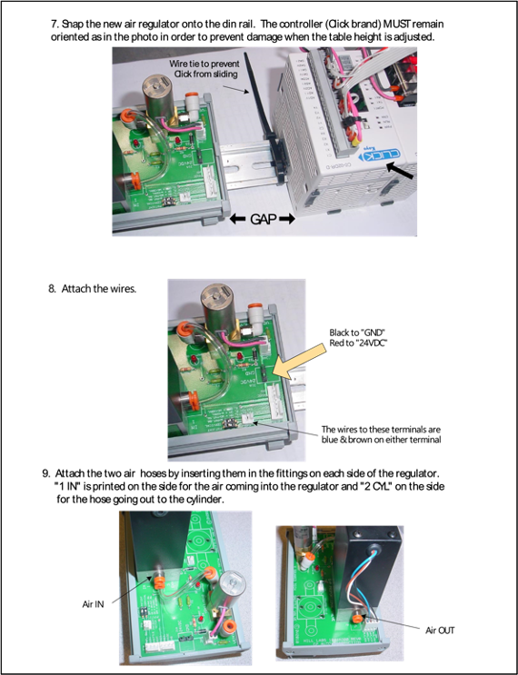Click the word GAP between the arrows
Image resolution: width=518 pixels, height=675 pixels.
263,219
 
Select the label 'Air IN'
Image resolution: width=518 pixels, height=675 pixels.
93,604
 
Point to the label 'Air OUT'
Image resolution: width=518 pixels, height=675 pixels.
440,630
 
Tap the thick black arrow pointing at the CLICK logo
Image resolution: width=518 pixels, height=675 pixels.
400,170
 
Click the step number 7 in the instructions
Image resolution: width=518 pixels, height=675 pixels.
55,25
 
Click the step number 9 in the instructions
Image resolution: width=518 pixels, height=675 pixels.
46,473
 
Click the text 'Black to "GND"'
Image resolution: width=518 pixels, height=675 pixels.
356,333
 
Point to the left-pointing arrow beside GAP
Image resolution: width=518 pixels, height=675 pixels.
237,219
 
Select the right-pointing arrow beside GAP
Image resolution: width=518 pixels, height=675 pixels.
287,219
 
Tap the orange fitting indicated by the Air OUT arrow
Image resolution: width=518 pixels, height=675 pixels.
356,619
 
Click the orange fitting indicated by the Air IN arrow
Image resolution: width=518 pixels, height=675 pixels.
158,583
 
